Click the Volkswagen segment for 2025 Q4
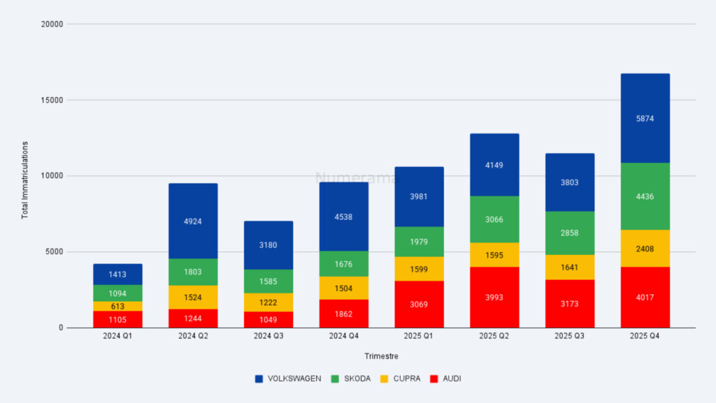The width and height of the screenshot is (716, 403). point(645,118)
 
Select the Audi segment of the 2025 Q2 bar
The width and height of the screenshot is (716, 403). point(494,298)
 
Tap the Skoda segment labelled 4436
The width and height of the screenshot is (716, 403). point(645,196)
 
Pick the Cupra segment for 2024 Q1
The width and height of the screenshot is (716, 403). point(117,306)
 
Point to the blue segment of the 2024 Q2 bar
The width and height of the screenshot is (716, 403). point(193,221)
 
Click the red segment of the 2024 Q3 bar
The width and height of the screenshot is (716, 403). point(268,319)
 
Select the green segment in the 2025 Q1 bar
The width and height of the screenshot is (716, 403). point(419,242)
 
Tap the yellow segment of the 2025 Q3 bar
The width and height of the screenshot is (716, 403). point(570,267)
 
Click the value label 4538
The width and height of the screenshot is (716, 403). point(343,217)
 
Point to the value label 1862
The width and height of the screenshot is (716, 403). point(343,314)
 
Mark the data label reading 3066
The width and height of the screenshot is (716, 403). point(494,219)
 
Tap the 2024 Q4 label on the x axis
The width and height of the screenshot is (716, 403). point(343,336)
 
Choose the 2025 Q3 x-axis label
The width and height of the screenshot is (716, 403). point(570,336)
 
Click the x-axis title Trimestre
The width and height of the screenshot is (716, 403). point(381,356)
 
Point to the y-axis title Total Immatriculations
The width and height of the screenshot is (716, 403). point(24,180)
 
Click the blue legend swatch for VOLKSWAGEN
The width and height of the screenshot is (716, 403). point(259,379)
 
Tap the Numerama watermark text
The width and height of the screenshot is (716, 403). point(357,178)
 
